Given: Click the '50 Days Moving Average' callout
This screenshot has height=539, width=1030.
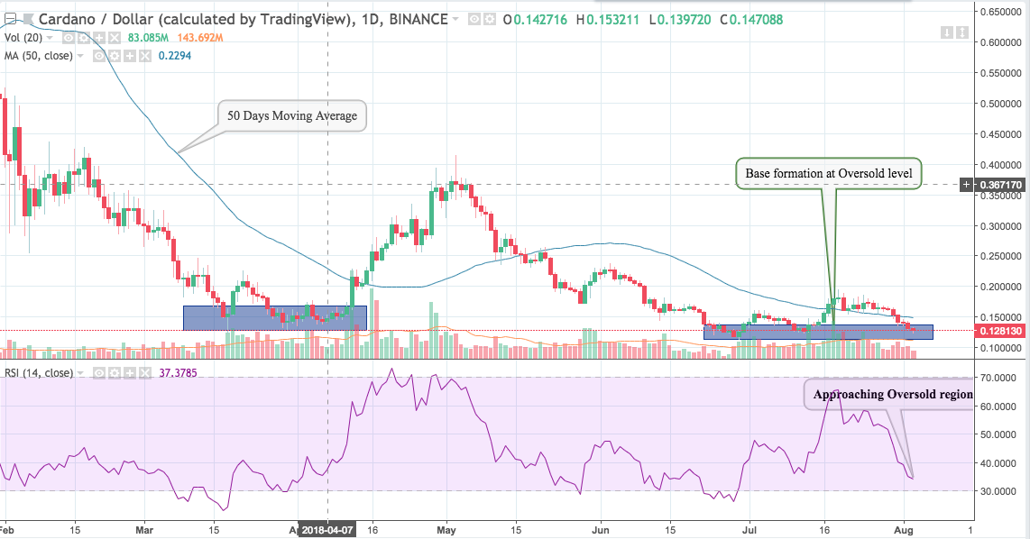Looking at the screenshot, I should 292,115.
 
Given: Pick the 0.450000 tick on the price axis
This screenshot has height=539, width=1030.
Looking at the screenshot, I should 1001,135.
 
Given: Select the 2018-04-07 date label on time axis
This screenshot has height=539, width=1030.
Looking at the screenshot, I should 326,530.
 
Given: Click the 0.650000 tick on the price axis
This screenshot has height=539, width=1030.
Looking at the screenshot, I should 1001,13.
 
